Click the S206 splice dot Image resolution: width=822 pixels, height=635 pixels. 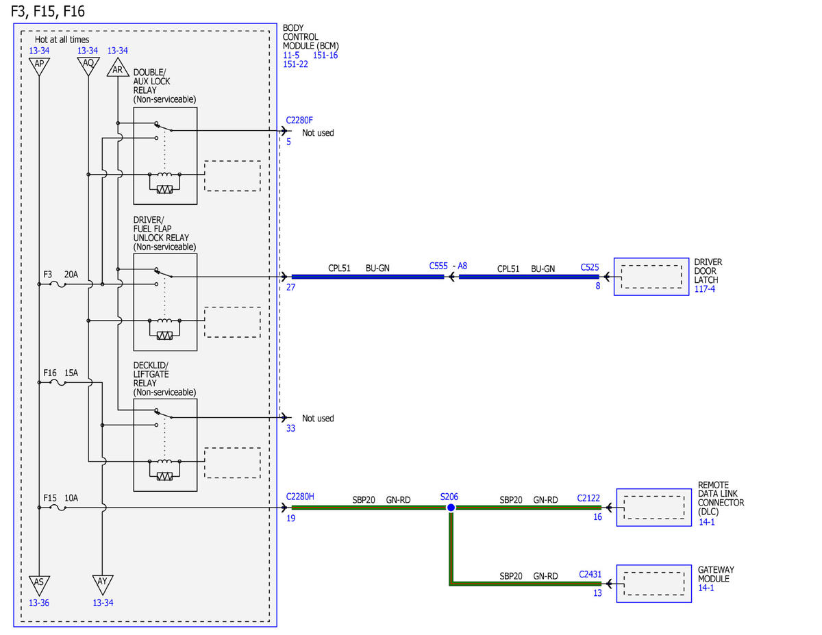coord(451,508)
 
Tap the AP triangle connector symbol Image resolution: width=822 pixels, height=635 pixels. coord(39,66)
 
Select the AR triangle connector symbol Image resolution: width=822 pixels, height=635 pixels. coord(118,67)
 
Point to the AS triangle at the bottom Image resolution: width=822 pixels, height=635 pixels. coord(39,586)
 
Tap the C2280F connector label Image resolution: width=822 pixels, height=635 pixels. coord(299,121)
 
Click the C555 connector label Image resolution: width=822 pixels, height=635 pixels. coord(438,266)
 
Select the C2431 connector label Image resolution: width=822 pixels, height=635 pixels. coord(590,574)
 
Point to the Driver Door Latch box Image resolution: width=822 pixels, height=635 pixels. coord(651,277)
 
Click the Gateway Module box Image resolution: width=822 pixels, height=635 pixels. coord(653,584)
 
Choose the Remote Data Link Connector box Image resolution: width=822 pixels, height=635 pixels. coord(653,507)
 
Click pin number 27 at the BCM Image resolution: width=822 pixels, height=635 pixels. coord(290,288)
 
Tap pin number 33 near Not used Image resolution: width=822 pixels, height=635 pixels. coord(290,428)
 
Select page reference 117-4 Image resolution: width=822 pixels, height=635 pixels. coord(704,289)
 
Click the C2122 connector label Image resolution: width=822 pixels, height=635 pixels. coord(588,498)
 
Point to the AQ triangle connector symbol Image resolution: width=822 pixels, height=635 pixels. coord(88,66)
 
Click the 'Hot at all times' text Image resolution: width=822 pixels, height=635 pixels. coord(62,39)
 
